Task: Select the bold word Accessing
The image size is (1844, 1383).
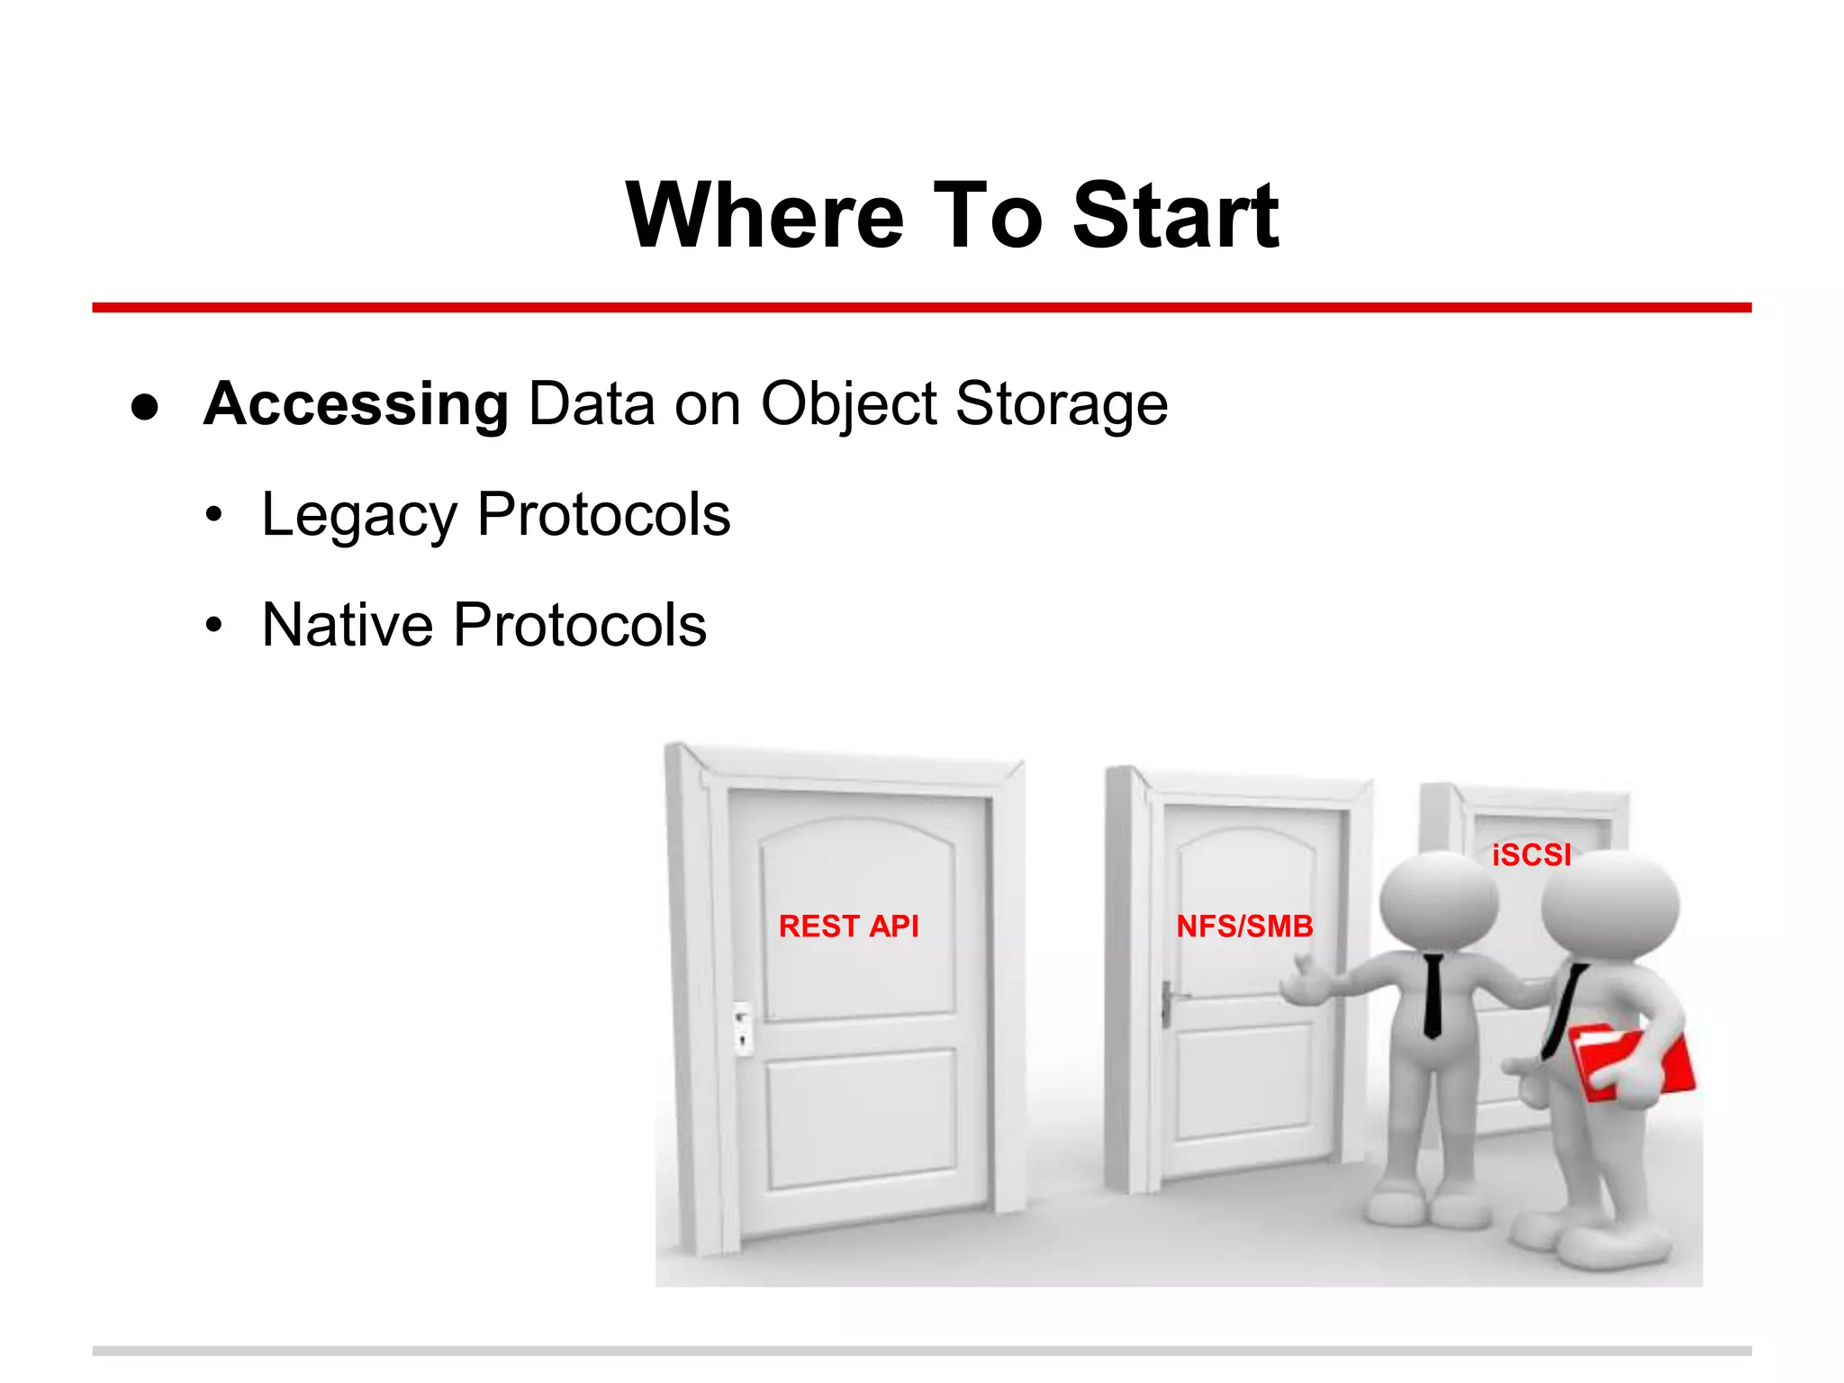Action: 357,403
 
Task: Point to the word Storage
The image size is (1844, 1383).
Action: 1061,405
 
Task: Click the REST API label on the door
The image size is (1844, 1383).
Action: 848,927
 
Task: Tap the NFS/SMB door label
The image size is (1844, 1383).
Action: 1244,927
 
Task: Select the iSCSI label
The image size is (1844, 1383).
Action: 1531,854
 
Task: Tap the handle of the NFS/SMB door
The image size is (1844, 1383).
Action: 1168,1002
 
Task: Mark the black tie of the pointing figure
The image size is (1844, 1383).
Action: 1433,995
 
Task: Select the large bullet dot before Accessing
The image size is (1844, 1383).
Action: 145,406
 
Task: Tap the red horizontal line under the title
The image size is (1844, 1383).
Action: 921,308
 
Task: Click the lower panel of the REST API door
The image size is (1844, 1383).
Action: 861,1121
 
